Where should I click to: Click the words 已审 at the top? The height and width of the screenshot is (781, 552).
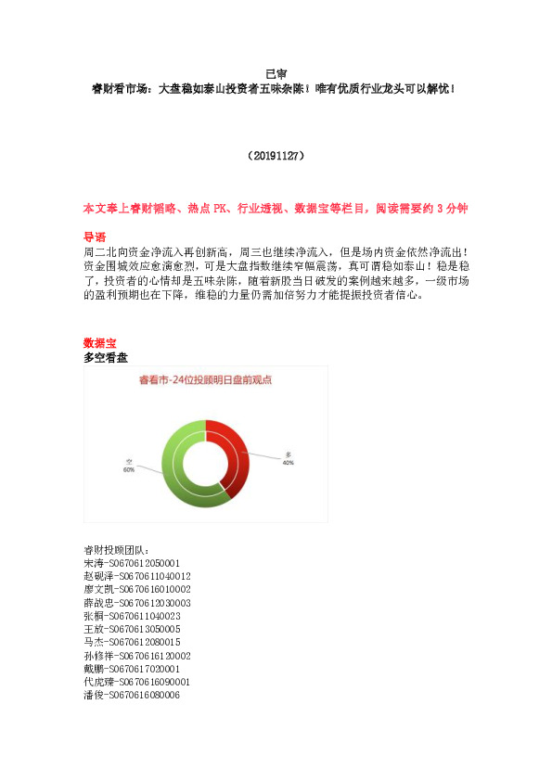[276, 73]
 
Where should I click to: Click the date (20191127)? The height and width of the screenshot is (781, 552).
[276, 157]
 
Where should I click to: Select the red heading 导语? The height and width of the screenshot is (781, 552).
[95, 237]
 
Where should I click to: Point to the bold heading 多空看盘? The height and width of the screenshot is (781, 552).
[106, 357]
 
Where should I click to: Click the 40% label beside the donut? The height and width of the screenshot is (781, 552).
[288, 460]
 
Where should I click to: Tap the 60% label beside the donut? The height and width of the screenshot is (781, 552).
[129, 468]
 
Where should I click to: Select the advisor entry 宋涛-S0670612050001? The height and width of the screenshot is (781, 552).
[132, 563]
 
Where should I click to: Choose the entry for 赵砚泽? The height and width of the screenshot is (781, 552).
[137, 576]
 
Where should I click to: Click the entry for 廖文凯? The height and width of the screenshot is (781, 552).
[137, 589]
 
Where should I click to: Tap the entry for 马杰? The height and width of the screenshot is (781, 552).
[132, 641]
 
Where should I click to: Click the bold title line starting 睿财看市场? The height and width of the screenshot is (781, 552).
[276, 89]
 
